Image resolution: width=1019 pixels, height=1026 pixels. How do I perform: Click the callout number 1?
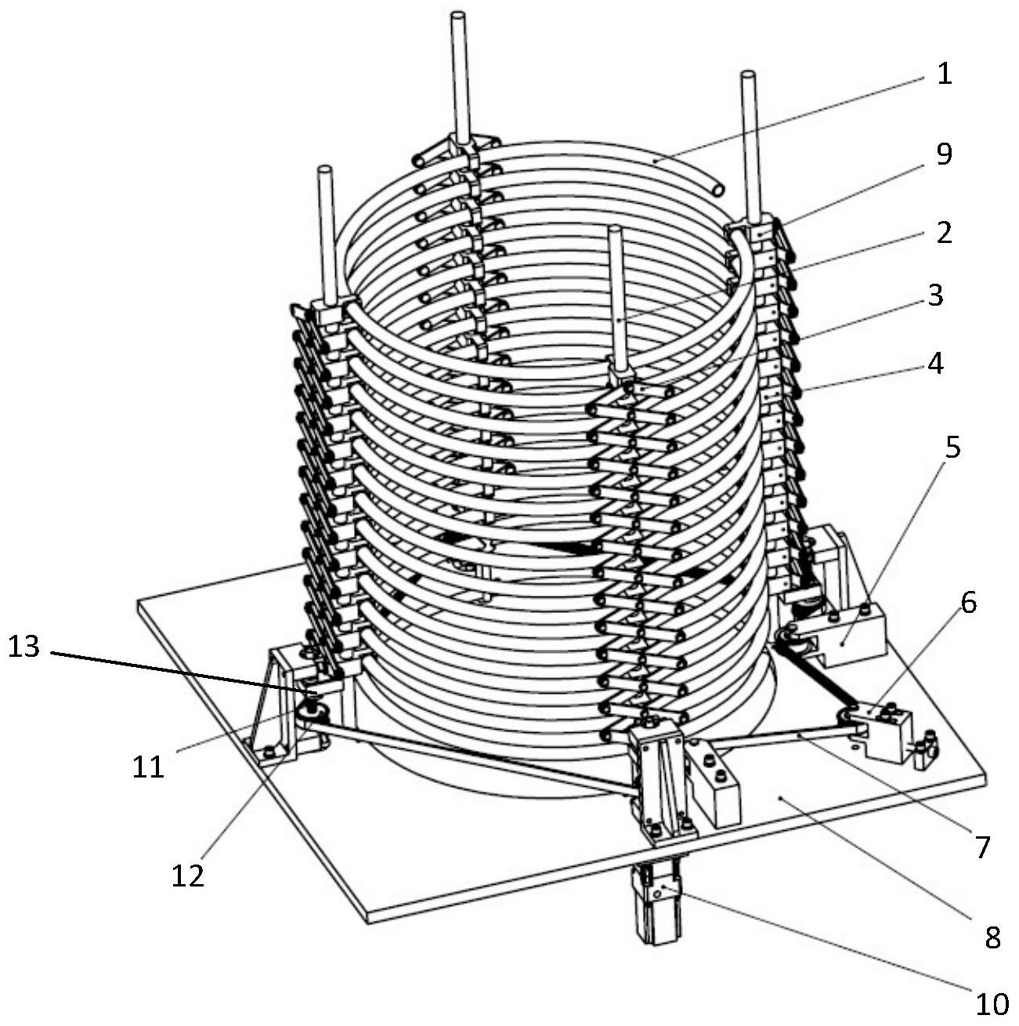point(945,74)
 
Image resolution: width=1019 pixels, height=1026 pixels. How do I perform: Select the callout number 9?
point(944,154)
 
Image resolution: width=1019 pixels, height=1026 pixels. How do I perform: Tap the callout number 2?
point(944,233)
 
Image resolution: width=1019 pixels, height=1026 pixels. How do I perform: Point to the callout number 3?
point(934,296)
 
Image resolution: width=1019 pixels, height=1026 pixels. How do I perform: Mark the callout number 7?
point(982,847)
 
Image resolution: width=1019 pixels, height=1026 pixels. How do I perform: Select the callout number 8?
point(992,937)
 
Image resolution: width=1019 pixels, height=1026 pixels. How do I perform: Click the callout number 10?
point(992,1005)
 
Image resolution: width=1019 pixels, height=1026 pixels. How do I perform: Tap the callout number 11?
point(148,766)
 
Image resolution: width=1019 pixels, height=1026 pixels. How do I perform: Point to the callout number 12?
point(189,874)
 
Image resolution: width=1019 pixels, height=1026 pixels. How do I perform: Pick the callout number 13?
point(23,647)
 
